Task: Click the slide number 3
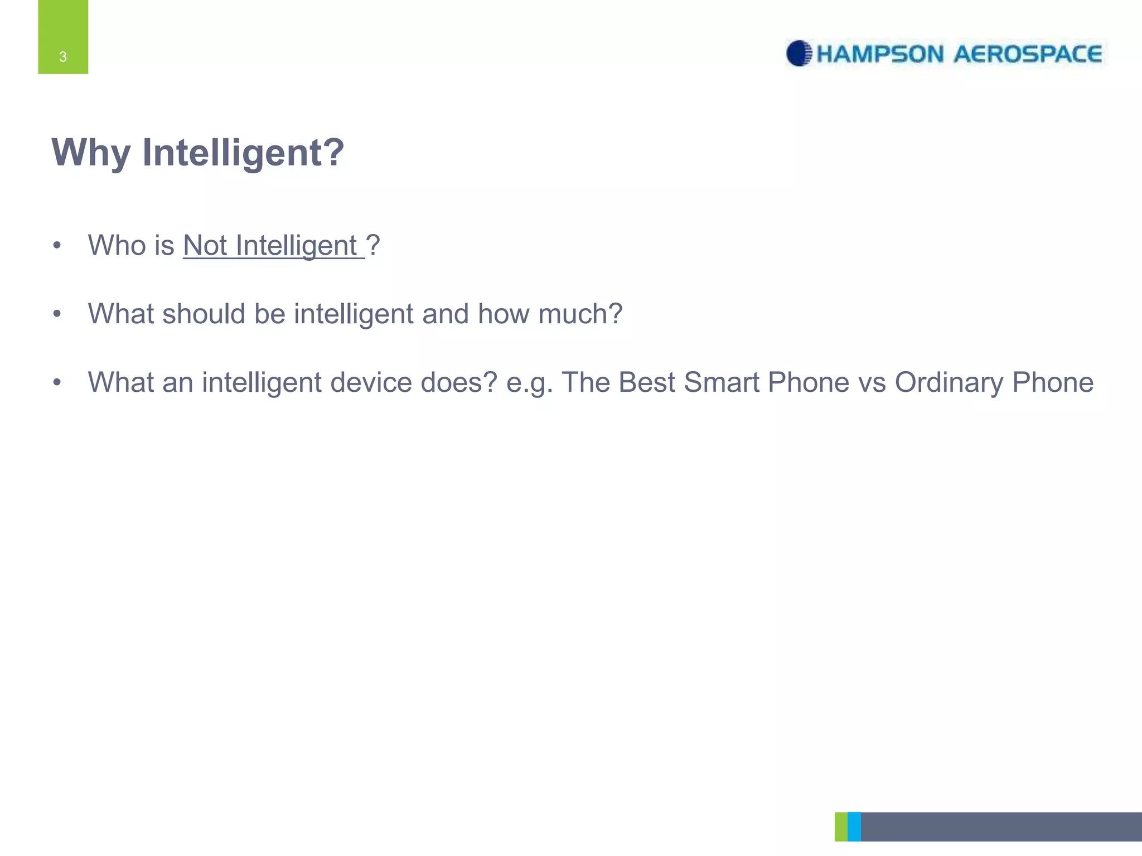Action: coord(63,57)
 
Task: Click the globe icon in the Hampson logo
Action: coord(799,53)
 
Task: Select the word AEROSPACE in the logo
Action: coord(1028,55)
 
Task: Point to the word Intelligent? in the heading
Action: coord(243,153)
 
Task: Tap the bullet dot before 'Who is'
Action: coord(56,246)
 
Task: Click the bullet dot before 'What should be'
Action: coord(56,314)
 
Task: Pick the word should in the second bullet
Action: coord(204,314)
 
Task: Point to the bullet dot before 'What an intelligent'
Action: coord(56,383)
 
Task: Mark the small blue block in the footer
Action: coord(854,826)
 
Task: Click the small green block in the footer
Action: coord(841,826)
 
